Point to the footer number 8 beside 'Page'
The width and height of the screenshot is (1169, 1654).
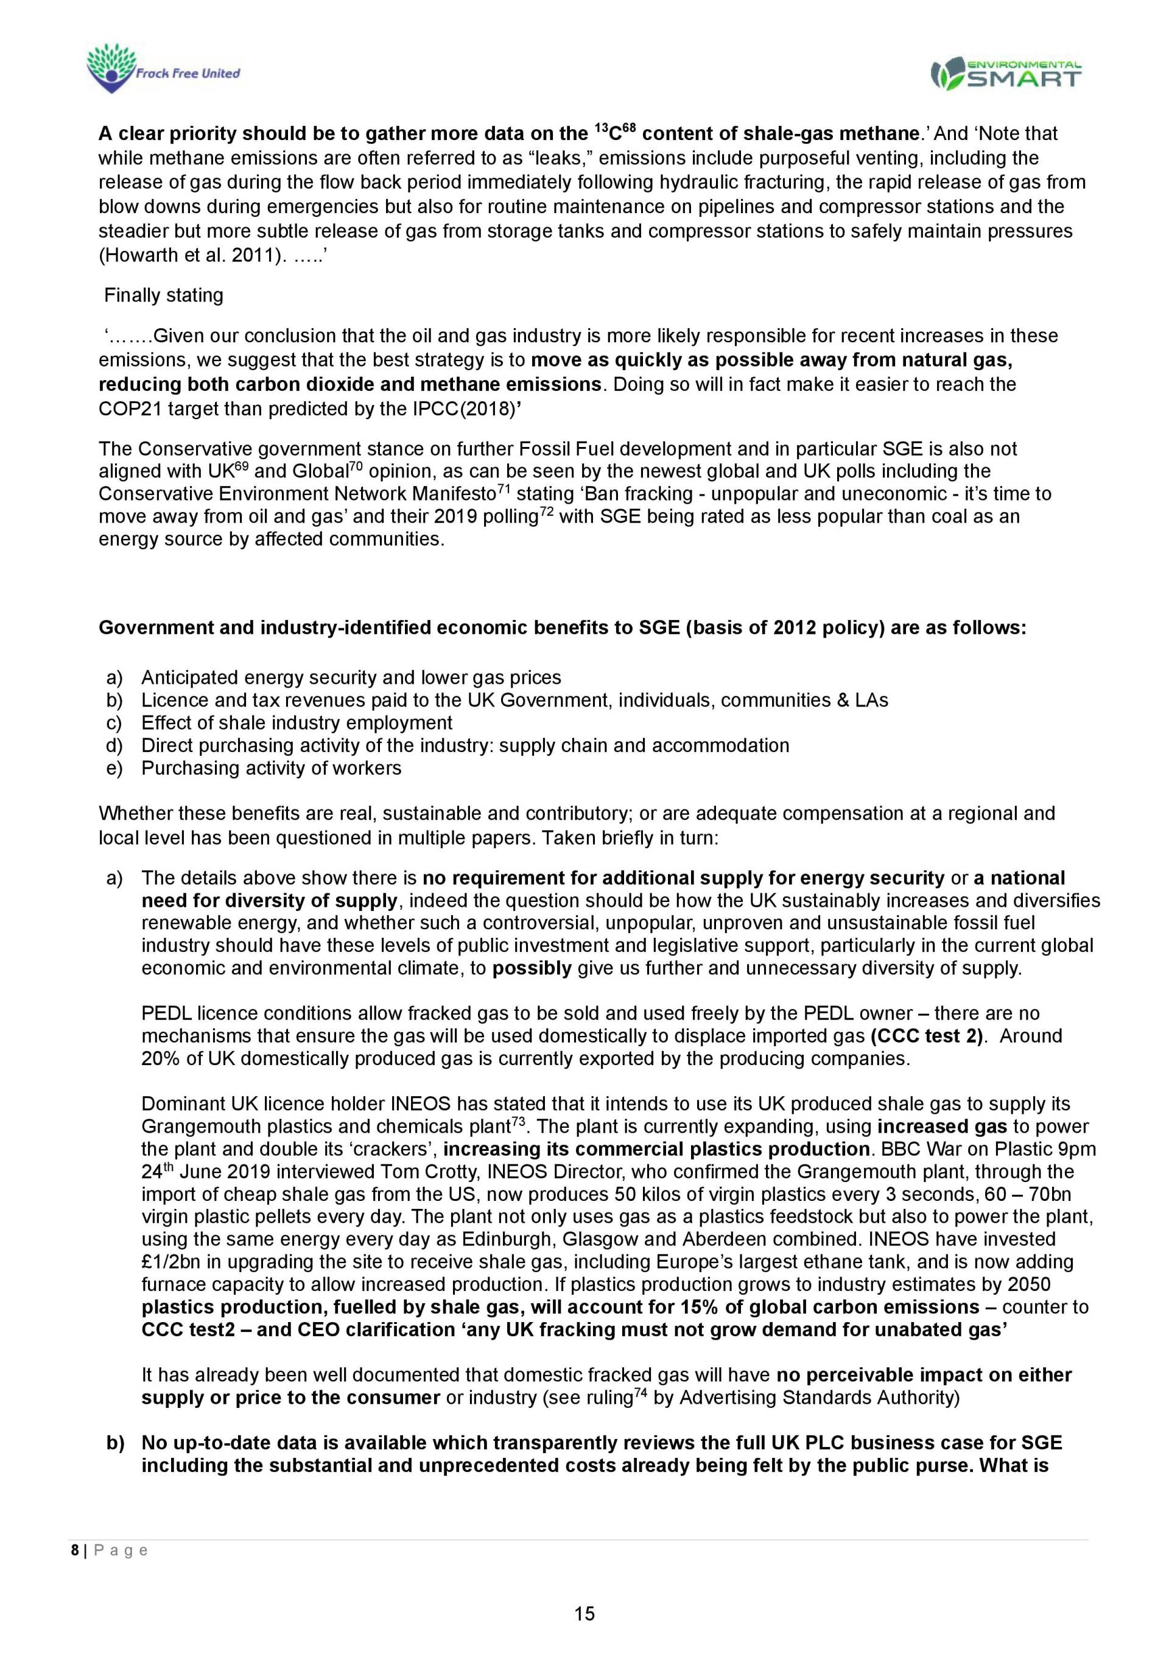(x=75, y=1550)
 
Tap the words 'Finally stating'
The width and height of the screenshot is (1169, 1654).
(x=164, y=295)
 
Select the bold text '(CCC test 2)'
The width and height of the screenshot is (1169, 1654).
(x=926, y=1036)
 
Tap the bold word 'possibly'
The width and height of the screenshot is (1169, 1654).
(x=532, y=968)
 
